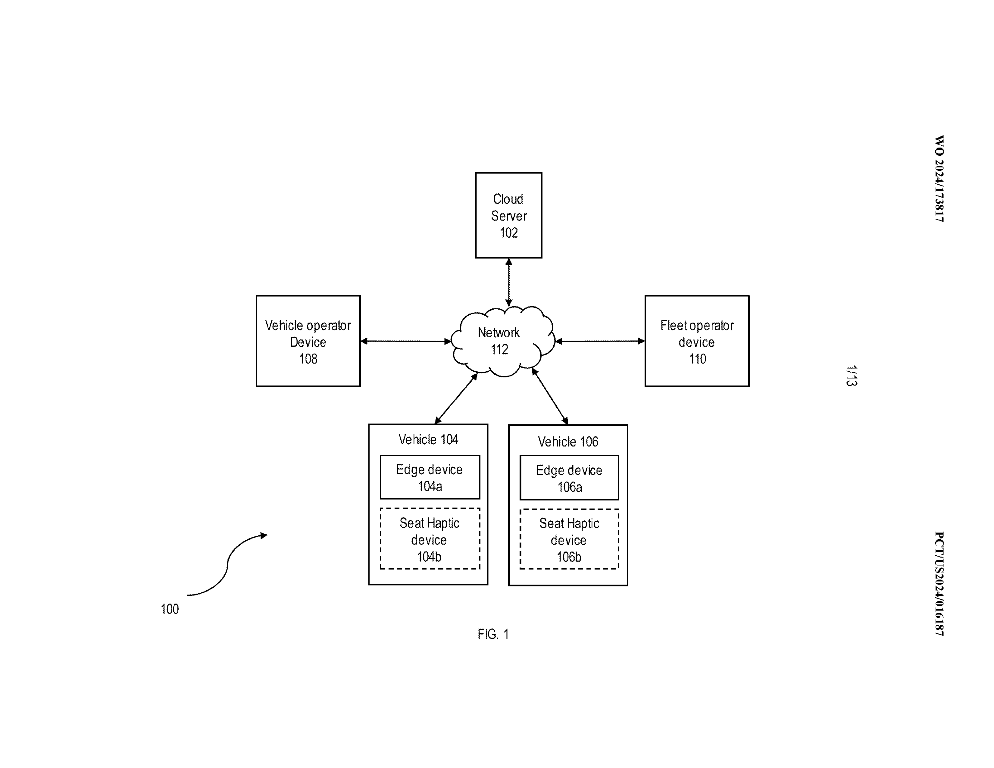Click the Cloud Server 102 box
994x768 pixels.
point(508,215)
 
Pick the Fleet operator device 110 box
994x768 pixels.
point(696,341)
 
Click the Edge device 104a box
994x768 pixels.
point(430,477)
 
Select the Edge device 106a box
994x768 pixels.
point(569,478)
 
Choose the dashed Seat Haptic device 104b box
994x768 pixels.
point(430,539)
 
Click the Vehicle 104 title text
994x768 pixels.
point(428,439)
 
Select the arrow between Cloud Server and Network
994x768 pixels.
point(509,282)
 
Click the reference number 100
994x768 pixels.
point(170,609)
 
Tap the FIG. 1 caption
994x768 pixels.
point(493,634)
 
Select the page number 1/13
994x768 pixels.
point(851,376)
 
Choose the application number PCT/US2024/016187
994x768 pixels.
point(939,583)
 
